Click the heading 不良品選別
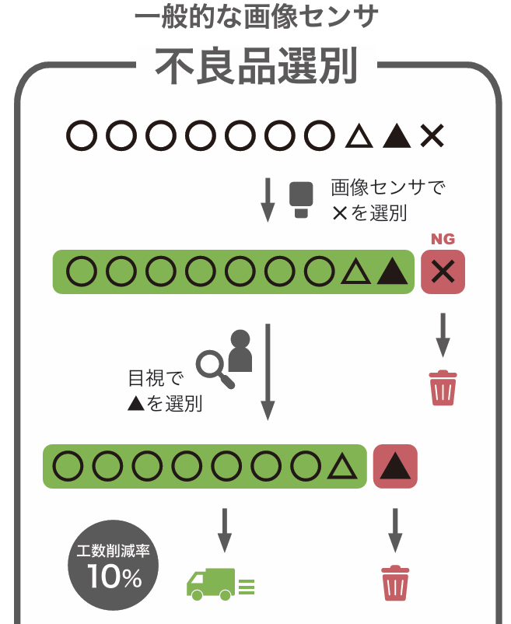[x=256, y=65]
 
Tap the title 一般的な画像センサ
[x=256, y=16]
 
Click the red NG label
[x=443, y=239]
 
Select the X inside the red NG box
[x=443, y=272]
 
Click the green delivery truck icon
[x=220, y=584]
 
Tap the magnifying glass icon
[x=215, y=369]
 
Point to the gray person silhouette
[x=240, y=351]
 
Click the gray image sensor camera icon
[x=301, y=200]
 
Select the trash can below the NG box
[x=443, y=388]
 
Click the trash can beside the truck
[x=395, y=583]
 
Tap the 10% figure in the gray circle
[x=114, y=577]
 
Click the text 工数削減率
[x=114, y=551]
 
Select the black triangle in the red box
[x=395, y=466]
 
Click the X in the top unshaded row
[x=432, y=135]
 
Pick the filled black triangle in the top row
[x=397, y=135]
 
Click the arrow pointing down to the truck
[x=225, y=530]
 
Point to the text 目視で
[x=156, y=378]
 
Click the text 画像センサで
[x=388, y=187]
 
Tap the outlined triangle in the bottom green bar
[x=342, y=466]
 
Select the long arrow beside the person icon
[x=268, y=372]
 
